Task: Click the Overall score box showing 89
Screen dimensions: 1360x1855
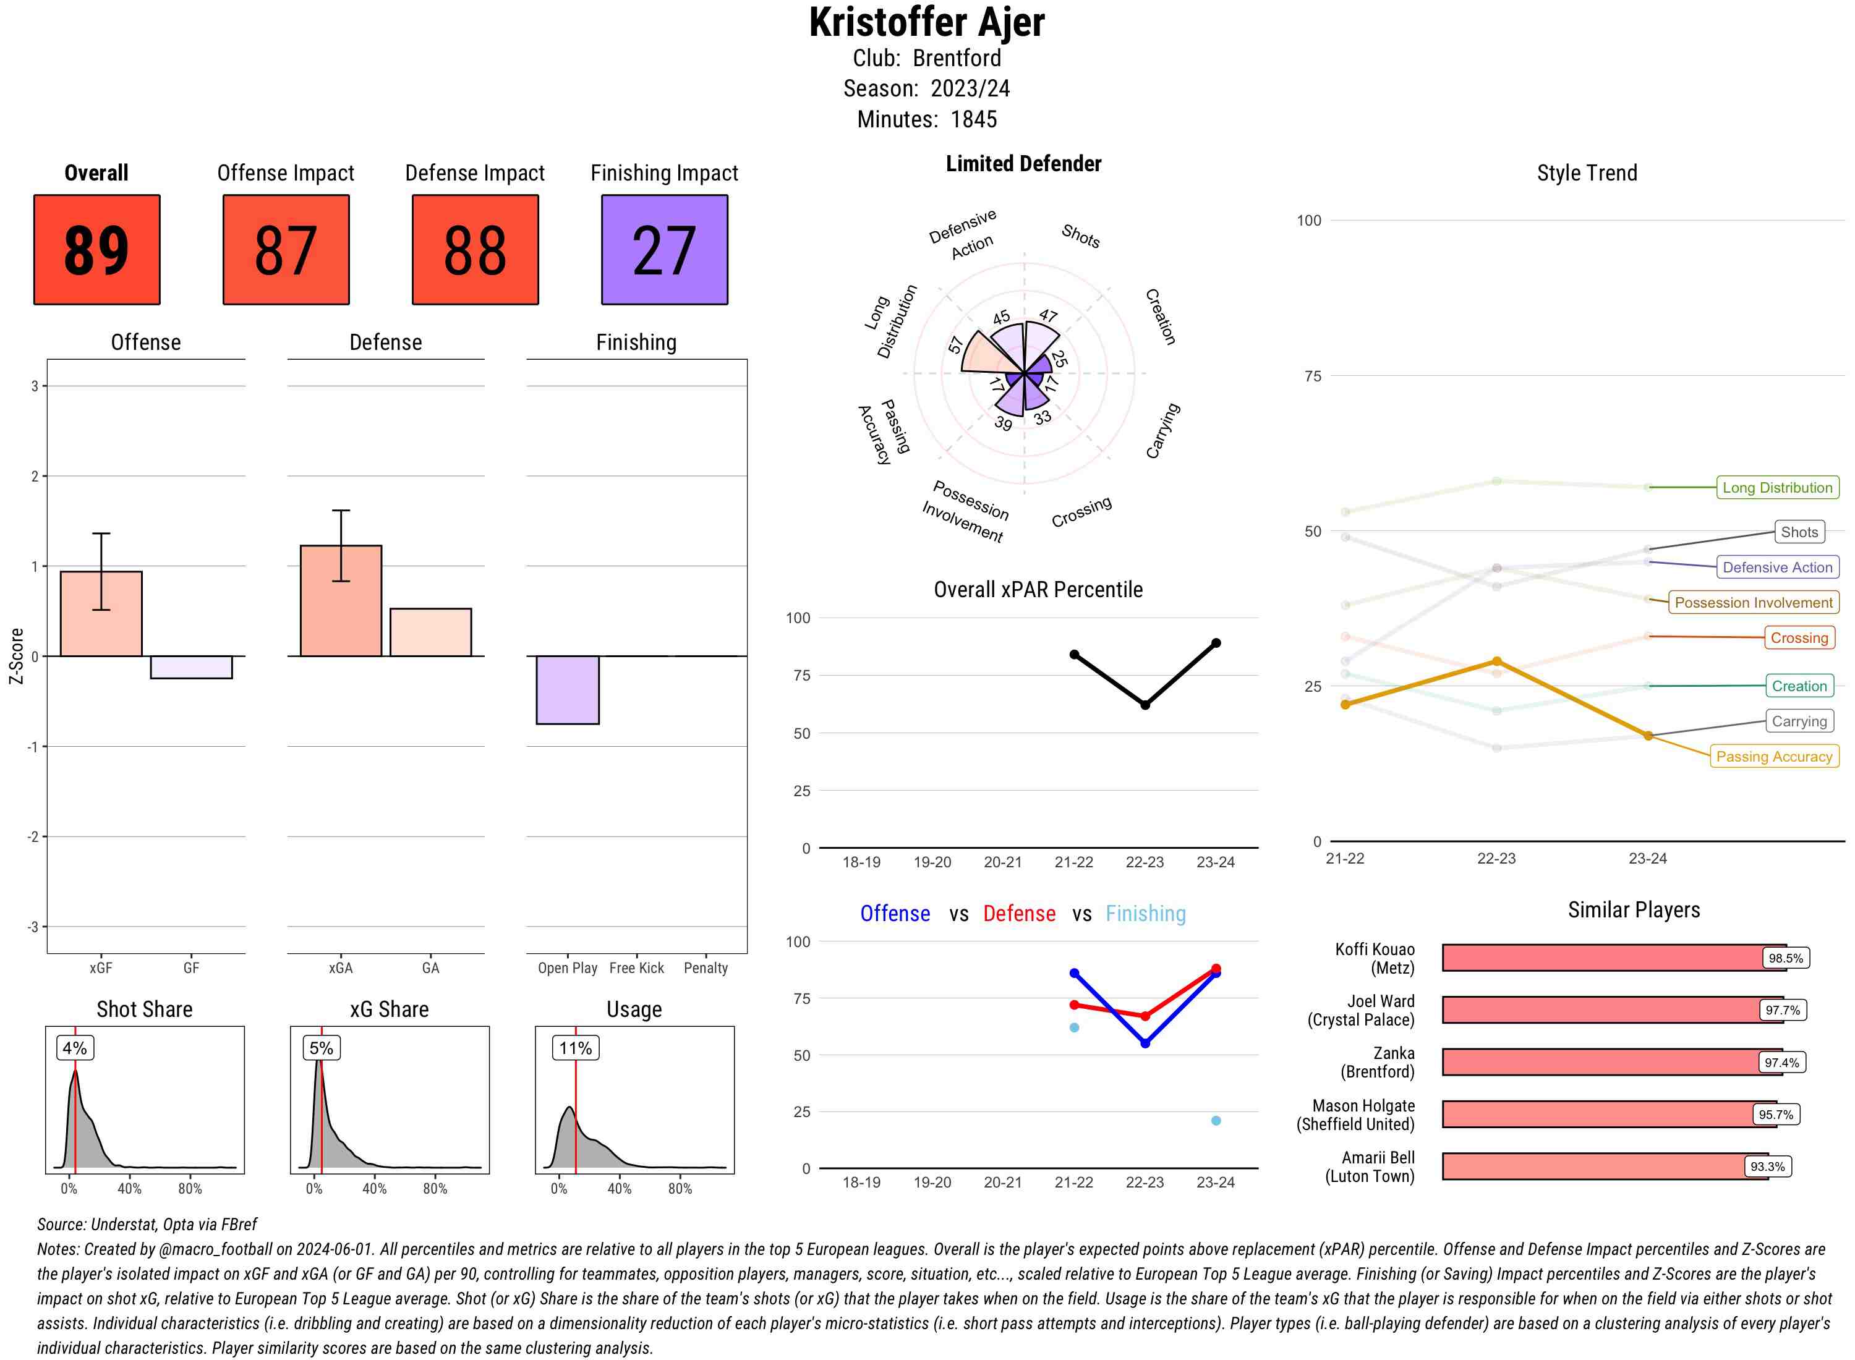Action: click(96, 250)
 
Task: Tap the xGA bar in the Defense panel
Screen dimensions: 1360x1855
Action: click(340, 600)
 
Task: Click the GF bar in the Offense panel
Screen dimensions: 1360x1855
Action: click(191, 667)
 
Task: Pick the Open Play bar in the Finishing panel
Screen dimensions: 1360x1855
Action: click(567, 689)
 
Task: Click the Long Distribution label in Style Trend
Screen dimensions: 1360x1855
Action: click(1777, 487)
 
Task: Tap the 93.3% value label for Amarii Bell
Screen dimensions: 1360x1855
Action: click(1767, 1167)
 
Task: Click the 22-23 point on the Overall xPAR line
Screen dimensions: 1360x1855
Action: click(1145, 705)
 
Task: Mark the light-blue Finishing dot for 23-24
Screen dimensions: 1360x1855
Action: click(1215, 1120)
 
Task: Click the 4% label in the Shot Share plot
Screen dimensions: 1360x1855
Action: click(75, 1048)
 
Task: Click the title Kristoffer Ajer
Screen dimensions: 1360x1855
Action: click(926, 22)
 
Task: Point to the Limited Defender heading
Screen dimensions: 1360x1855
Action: click(1023, 164)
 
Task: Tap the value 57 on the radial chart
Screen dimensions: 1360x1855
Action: click(955, 345)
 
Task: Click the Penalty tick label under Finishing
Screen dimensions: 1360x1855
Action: click(706, 968)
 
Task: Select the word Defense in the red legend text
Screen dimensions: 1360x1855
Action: click(1018, 914)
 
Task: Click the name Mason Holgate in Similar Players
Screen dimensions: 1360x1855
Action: click(1363, 1105)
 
